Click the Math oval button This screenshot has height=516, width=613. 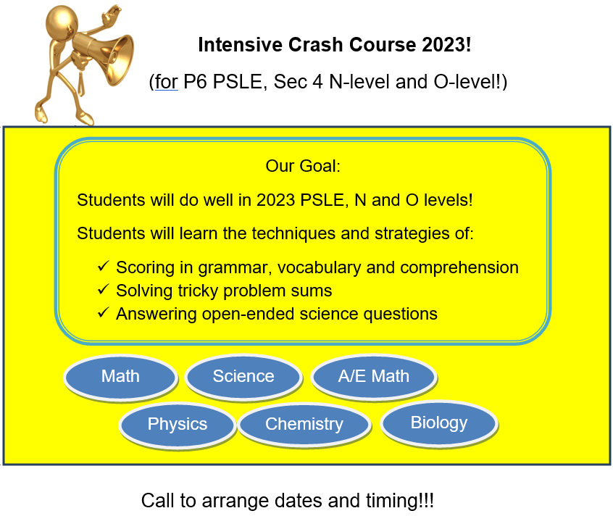click(x=120, y=377)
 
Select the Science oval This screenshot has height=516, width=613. click(x=243, y=377)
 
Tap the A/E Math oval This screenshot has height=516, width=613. click(x=374, y=377)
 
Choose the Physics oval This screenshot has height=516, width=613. click(x=178, y=425)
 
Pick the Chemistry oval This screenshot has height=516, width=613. click(x=304, y=425)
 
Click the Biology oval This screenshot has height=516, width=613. click(x=439, y=423)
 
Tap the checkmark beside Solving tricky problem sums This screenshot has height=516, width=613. click(x=103, y=290)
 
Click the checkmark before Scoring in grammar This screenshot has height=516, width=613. click(x=103, y=267)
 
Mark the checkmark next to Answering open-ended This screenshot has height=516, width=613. click(x=103, y=313)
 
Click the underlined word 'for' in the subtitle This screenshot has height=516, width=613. click(x=167, y=82)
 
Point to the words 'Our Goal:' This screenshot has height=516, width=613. click(x=303, y=166)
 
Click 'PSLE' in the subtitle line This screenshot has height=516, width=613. click(x=238, y=82)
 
